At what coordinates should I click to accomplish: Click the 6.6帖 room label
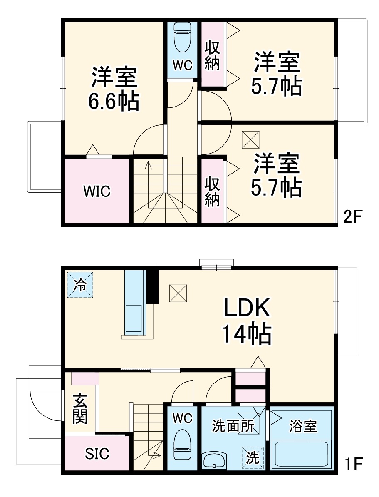click(113, 89)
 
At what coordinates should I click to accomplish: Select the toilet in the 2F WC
click(182, 37)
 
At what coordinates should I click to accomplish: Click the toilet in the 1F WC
click(182, 445)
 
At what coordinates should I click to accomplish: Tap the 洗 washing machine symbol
click(253, 457)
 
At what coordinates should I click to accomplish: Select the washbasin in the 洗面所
click(214, 461)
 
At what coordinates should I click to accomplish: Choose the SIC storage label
click(97, 454)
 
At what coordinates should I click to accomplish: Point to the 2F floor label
click(354, 216)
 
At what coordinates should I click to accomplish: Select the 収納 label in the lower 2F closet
click(212, 192)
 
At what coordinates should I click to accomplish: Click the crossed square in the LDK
click(178, 293)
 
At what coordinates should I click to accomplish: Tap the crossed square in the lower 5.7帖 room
click(250, 140)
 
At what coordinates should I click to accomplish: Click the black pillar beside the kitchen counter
click(153, 286)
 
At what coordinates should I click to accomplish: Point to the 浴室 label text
click(303, 426)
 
